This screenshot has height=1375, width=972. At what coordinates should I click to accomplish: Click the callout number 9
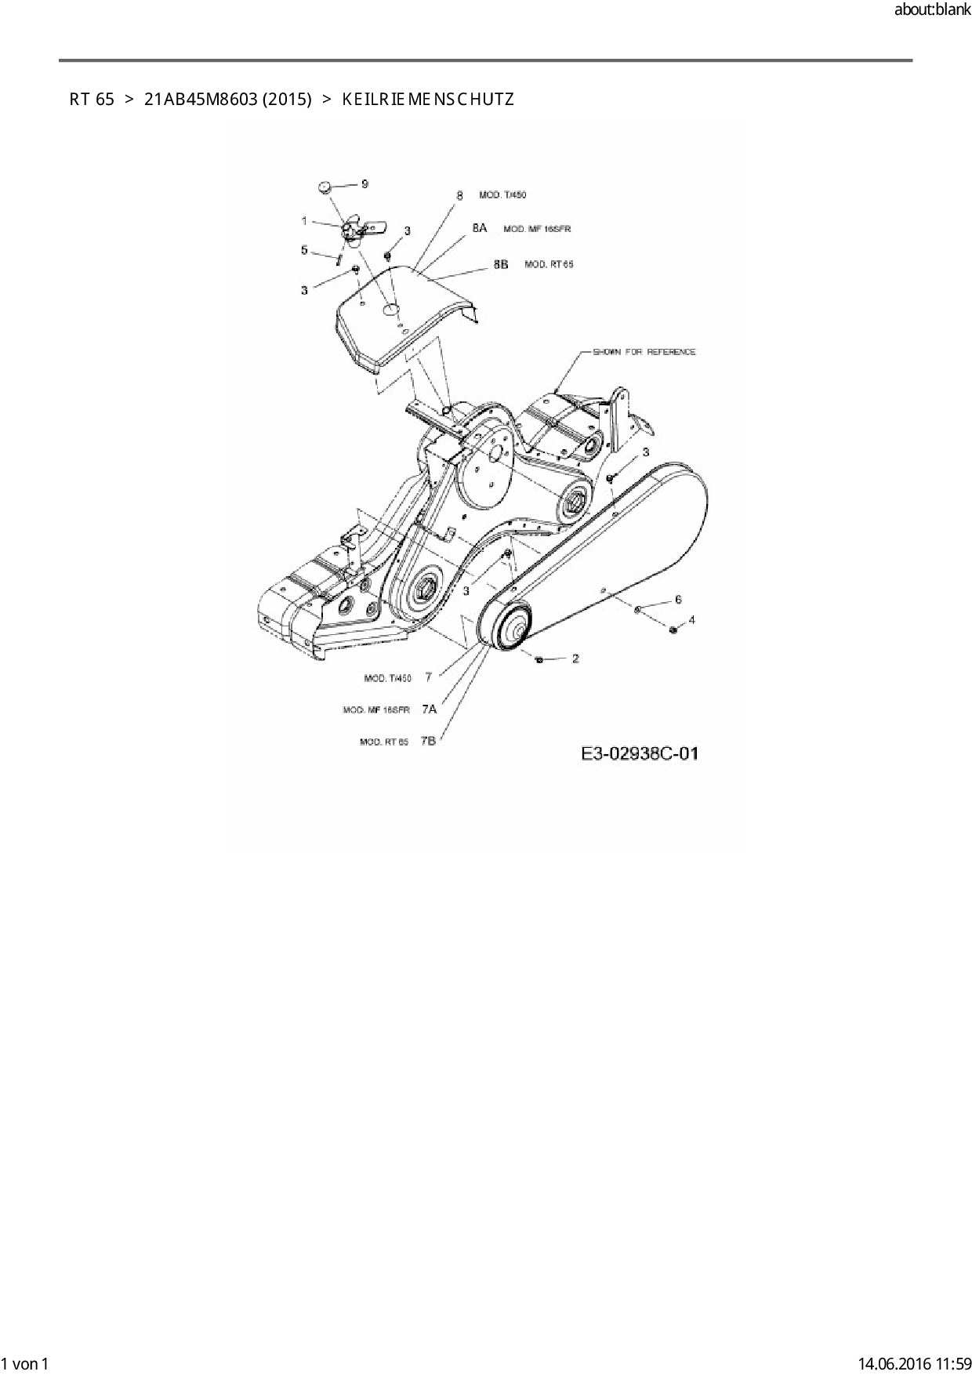364,184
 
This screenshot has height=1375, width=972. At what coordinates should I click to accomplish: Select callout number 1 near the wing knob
304,222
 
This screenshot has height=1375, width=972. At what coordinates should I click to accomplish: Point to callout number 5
304,250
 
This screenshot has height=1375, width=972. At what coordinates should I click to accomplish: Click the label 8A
479,228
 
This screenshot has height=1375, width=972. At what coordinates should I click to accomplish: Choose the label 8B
500,264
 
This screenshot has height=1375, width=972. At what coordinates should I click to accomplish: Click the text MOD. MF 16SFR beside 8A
537,229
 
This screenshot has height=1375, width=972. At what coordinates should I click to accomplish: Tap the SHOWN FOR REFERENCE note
644,352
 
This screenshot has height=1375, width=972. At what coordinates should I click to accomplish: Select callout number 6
678,600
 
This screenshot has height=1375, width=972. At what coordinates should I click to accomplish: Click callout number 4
691,620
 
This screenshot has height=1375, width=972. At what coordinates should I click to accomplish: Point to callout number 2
575,658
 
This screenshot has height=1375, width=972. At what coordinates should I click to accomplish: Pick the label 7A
429,709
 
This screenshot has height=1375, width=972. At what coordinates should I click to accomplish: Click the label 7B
428,741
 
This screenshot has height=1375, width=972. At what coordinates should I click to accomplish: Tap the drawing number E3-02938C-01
640,754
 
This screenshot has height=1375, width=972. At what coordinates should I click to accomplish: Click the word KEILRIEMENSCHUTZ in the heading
428,100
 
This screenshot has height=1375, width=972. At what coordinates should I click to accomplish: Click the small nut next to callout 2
539,659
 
